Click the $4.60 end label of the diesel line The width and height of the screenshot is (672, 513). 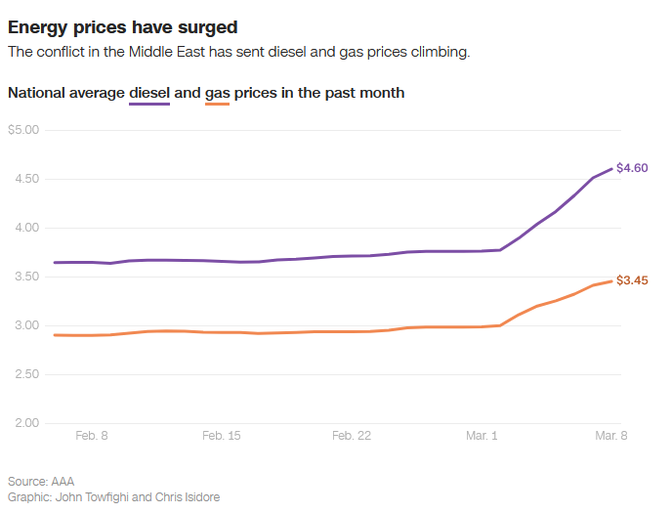tap(633, 168)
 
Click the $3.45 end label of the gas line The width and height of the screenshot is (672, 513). tap(633, 280)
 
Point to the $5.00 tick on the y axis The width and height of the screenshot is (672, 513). tap(23, 130)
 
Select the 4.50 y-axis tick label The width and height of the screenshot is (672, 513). tap(25, 179)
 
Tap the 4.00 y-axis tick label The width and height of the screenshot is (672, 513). tap(25, 228)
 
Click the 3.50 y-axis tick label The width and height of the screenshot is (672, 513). tap(25, 277)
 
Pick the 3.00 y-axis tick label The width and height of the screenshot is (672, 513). tap(25, 325)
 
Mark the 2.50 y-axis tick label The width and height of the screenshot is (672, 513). tap(25, 374)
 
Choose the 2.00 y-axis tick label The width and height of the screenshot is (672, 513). tap(25, 423)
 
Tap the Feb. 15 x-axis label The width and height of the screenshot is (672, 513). tap(221, 436)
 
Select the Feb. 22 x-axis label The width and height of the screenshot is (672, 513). tap(352, 436)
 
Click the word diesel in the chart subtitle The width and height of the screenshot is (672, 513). tap(149, 93)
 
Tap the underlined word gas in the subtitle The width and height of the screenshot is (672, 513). tap(217, 93)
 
